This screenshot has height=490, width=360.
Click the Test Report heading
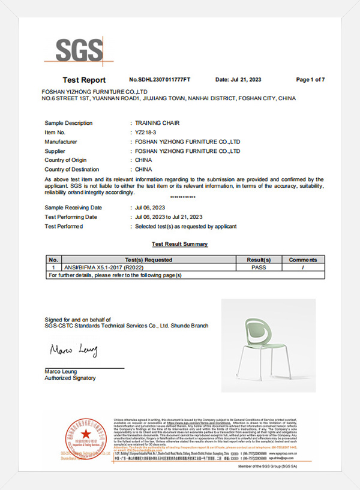(x=84, y=80)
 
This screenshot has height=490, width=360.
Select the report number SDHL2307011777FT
(x=160, y=80)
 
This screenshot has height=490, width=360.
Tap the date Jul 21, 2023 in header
(x=238, y=80)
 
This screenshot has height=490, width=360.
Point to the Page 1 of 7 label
(x=310, y=80)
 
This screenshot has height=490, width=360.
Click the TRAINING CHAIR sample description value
(x=155, y=123)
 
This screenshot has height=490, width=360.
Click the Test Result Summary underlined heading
(x=179, y=244)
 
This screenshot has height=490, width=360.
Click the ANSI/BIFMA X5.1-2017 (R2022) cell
(x=95, y=267)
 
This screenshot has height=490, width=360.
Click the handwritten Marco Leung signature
(x=73, y=350)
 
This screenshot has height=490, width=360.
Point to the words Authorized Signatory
(x=70, y=378)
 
